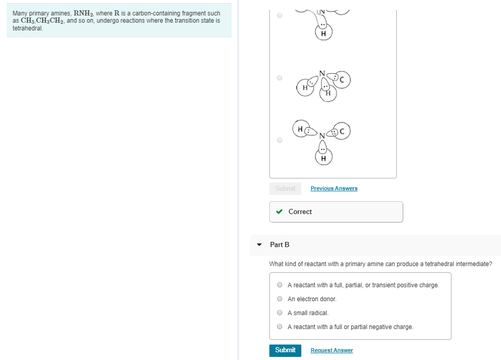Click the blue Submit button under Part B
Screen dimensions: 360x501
285,350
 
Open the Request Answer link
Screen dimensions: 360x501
331,351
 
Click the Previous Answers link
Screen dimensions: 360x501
334,188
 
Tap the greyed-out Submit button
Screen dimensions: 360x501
285,188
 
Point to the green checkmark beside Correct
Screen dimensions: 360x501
279,211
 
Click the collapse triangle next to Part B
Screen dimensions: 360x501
259,244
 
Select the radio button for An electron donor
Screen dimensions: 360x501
280,299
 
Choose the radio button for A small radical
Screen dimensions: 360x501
280,313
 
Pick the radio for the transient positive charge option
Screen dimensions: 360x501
280,285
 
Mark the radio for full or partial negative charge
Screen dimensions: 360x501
280,326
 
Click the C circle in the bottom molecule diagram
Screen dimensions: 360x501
344,132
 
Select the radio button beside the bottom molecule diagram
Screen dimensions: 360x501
280,140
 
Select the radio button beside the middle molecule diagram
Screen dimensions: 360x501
280,78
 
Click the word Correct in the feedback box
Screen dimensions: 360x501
300,211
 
